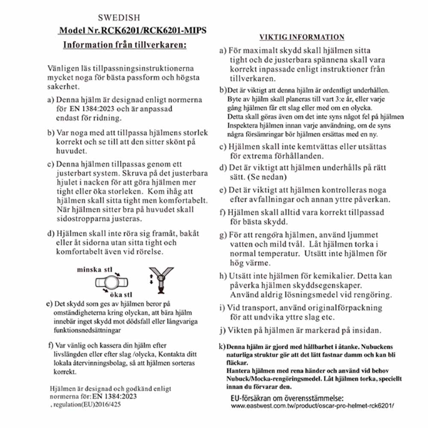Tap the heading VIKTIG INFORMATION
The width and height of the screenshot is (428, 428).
302,37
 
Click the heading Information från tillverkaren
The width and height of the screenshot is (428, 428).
125,45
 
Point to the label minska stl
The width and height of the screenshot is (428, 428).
94,270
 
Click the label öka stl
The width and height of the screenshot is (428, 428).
122,295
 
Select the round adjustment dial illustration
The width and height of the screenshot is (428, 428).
112,283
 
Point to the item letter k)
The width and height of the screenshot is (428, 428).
222,346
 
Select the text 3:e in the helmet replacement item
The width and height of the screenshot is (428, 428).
333,99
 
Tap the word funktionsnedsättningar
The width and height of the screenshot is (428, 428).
84,331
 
